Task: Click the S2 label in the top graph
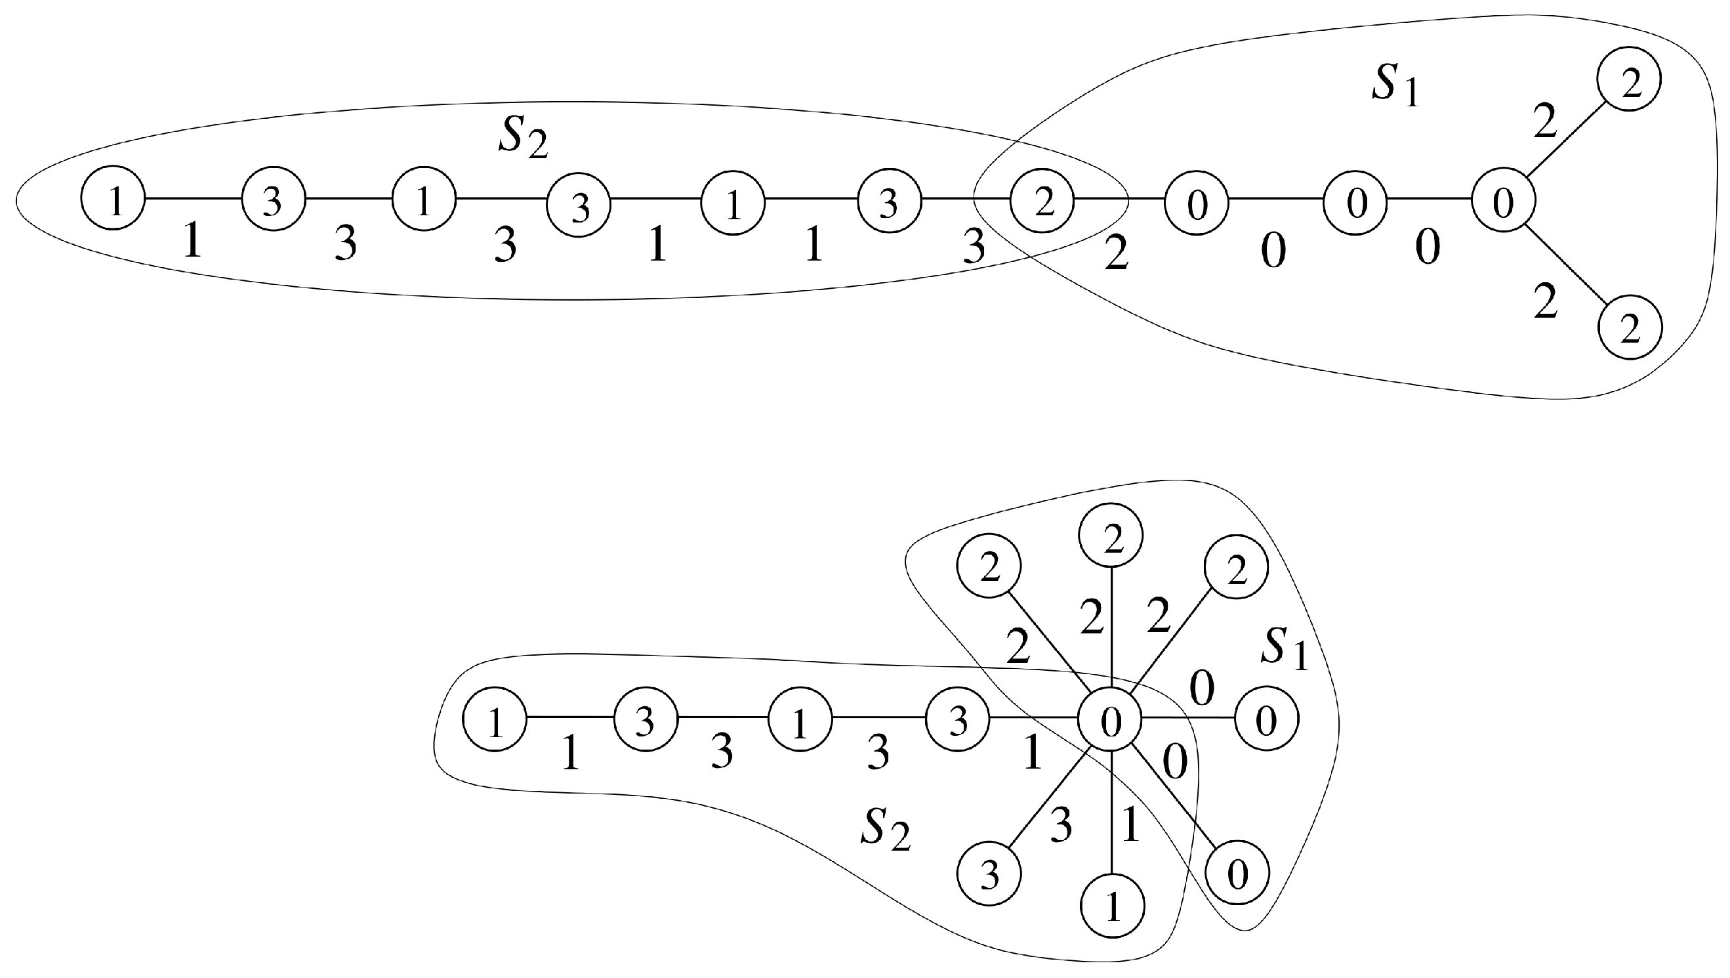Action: [x=522, y=139]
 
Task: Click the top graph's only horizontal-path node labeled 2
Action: [x=1042, y=200]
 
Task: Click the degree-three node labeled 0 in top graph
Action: [x=1502, y=200]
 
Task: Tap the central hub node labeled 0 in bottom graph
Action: [x=1109, y=720]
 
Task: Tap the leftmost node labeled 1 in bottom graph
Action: [x=495, y=720]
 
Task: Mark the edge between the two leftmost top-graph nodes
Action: [x=194, y=198]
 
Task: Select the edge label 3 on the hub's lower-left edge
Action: [x=1060, y=826]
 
